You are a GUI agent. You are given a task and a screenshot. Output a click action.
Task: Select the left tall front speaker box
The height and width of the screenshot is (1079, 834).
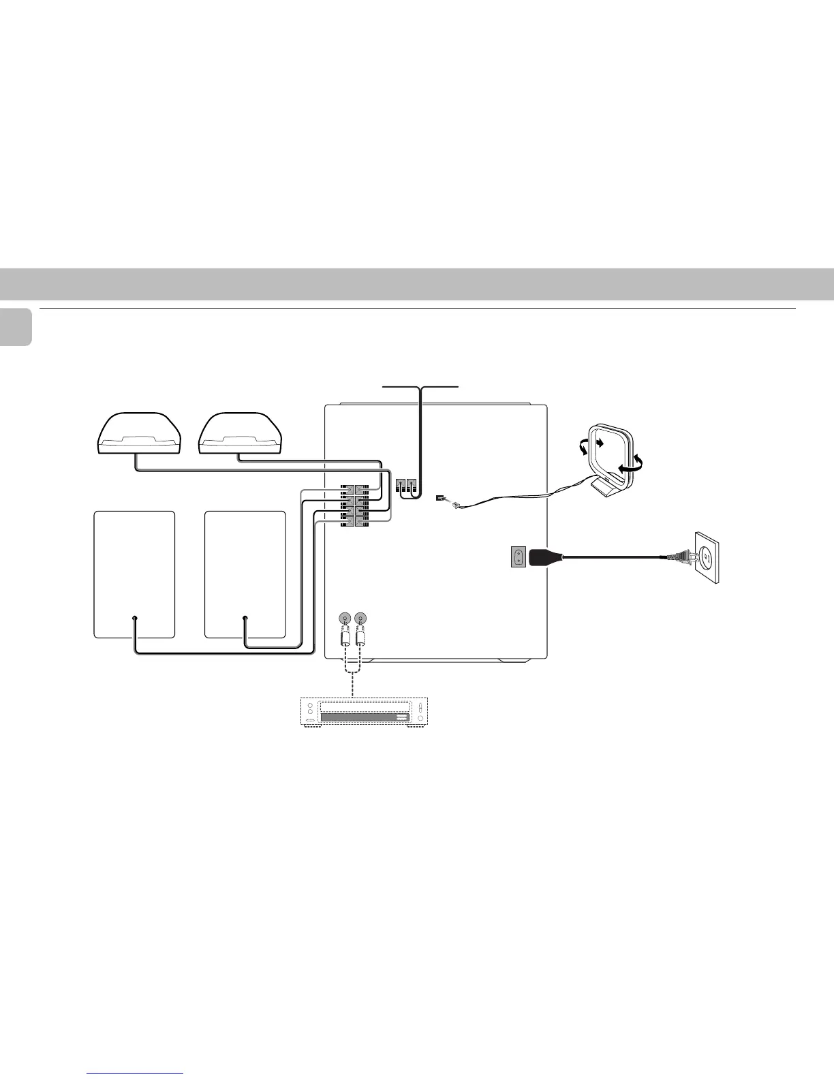[134, 574]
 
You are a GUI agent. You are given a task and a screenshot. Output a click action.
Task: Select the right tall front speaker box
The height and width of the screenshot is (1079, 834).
[245, 574]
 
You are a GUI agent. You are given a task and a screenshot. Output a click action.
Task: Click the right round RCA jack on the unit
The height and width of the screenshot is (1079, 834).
[360, 619]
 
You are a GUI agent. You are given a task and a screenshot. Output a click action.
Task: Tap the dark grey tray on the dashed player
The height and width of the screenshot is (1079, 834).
[365, 716]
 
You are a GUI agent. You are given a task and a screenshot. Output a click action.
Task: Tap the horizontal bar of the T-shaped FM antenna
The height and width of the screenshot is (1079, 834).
[422, 386]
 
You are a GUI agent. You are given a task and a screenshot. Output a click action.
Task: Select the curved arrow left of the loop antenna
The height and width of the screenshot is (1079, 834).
[582, 447]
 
